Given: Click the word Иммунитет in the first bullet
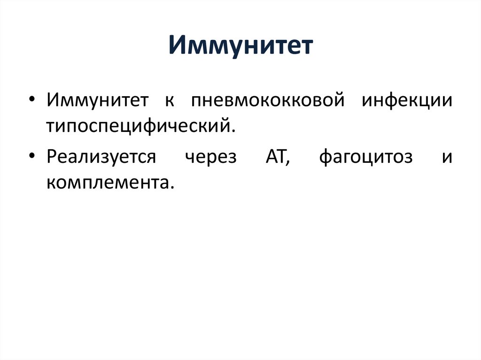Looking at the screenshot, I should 97,101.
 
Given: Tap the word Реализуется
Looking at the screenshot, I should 101,157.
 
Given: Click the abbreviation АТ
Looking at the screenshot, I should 275,157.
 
